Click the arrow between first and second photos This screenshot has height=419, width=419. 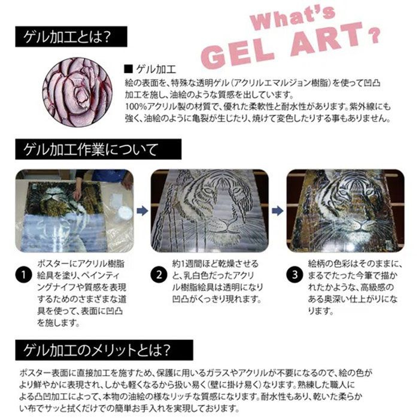(x=141, y=210)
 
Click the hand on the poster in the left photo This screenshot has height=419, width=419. (x=77, y=193)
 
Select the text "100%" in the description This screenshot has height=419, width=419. (x=137, y=107)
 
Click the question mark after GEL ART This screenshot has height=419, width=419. (x=375, y=35)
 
